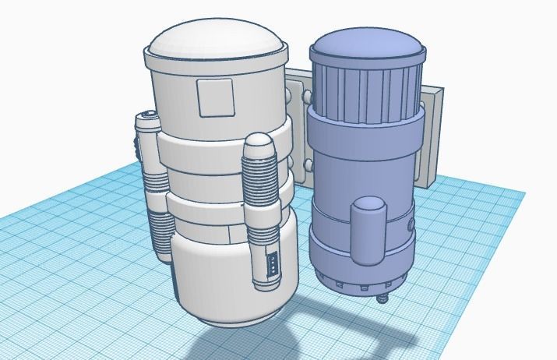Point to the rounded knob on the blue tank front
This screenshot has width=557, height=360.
367,230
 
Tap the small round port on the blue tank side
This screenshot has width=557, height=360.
410,227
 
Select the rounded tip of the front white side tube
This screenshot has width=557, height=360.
259,143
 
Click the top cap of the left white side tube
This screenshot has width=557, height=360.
145,120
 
